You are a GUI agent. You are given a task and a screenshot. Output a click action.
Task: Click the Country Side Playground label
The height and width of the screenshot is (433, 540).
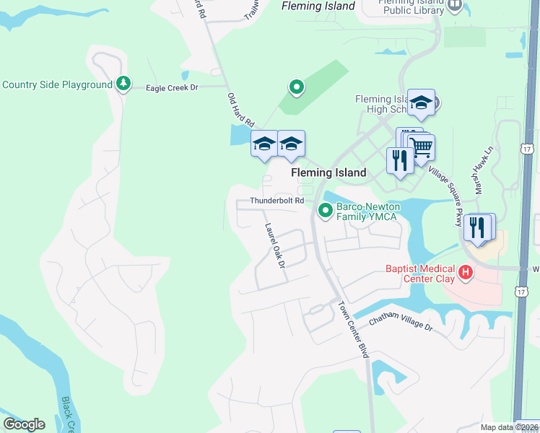(x=57, y=84)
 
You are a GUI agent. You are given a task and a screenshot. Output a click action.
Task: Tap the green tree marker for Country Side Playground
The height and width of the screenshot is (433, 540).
(x=124, y=84)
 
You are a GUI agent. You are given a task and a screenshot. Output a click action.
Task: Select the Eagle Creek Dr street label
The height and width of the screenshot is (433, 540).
(x=172, y=87)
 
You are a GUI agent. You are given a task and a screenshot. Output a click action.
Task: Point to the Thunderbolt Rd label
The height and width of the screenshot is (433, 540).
(x=276, y=201)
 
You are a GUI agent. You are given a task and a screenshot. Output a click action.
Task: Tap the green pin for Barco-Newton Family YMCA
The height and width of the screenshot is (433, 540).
(x=325, y=210)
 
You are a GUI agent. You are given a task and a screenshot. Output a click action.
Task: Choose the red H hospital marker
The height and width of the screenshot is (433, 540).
(x=466, y=273)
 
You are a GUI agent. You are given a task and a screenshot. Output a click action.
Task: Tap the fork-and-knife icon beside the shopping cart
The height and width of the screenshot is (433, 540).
(x=399, y=159)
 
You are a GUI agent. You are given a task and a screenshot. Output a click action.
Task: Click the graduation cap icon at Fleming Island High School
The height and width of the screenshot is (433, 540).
(x=421, y=103)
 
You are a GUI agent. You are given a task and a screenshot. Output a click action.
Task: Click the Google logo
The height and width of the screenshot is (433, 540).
(x=24, y=424)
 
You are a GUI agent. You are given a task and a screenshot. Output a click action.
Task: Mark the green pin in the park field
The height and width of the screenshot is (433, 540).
(x=296, y=87)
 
